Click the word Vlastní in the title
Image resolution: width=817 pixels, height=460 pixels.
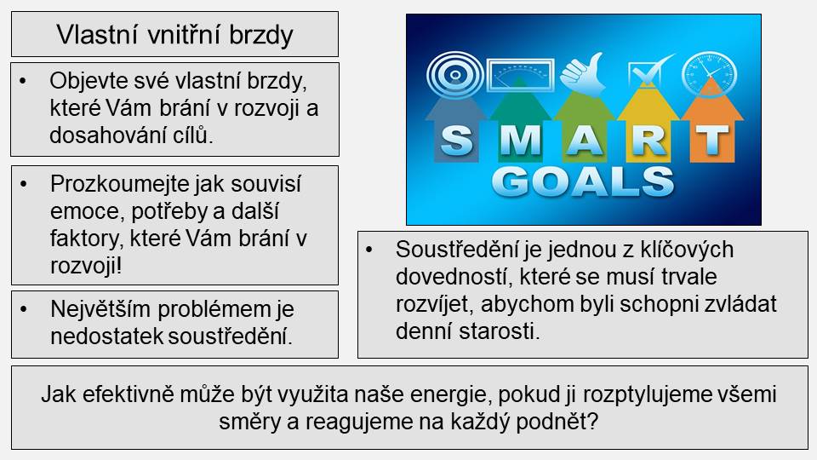[x=97, y=35]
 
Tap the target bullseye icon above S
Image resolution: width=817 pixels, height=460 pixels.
[x=454, y=75]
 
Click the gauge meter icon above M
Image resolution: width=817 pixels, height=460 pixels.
[x=521, y=75]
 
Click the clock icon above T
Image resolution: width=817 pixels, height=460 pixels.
[x=709, y=73]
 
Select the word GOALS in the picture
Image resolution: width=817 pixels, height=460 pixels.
[x=582, y=181]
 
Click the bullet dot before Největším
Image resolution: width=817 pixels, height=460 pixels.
[x=24, y=309]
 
